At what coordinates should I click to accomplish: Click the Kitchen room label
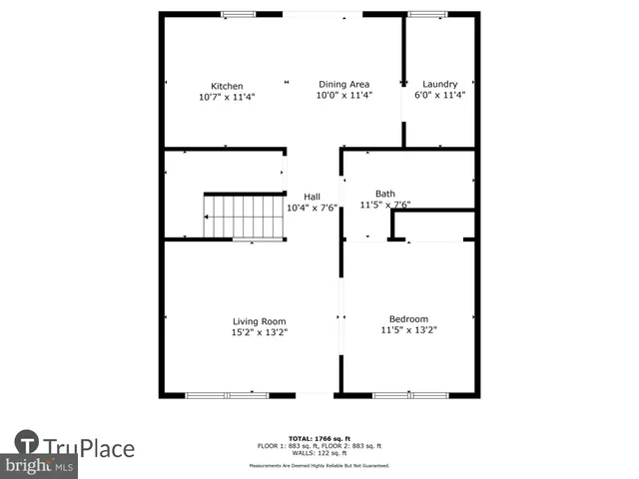[x=226, y=86]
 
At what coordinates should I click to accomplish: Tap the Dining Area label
[x=343, y=85]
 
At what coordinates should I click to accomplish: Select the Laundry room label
[x=439, y=85]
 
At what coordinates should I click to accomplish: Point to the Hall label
[x=312, y=197]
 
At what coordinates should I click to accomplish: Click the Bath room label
[x=384, y=194]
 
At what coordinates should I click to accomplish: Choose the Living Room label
[x=259, y=320]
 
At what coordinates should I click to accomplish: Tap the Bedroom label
[x=408, y=318]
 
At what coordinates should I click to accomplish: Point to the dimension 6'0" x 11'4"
[x=439, y=96]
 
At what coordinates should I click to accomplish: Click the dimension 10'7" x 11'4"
[x=226, y=97]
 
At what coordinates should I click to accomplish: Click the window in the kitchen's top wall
[x=238, y=14]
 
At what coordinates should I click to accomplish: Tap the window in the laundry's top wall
[x=430, y=14]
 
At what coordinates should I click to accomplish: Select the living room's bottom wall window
[x=227, y=395]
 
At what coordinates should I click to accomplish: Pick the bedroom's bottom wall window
[x=409, y=395]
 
